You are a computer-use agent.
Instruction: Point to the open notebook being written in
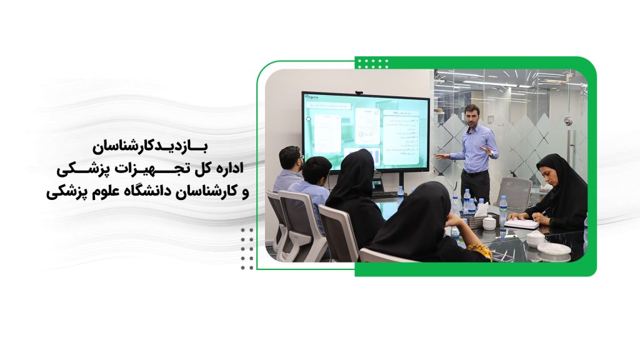[x=521, y=222]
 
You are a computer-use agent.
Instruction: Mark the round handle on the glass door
[x=567, y=121]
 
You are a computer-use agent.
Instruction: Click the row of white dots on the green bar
[x=373, y=63]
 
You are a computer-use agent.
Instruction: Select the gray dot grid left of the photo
[x=247, y=248]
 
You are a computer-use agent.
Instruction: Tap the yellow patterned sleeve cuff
[x=479, y=250]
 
